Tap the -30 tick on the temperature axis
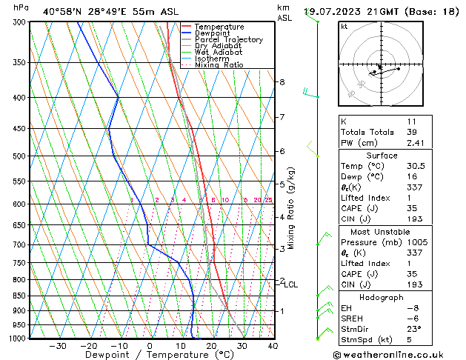tap(58, 345)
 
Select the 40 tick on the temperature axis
tap(273, 345)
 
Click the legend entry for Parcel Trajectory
tap(228, 39)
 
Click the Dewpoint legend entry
tap(215, 33)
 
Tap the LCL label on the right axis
tap(291, 284)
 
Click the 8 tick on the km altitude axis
tap(282, 81)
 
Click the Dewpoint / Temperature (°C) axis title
tap(150, 355)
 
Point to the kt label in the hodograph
tap(344, 27)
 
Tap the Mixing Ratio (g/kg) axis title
tap(291, 207)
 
